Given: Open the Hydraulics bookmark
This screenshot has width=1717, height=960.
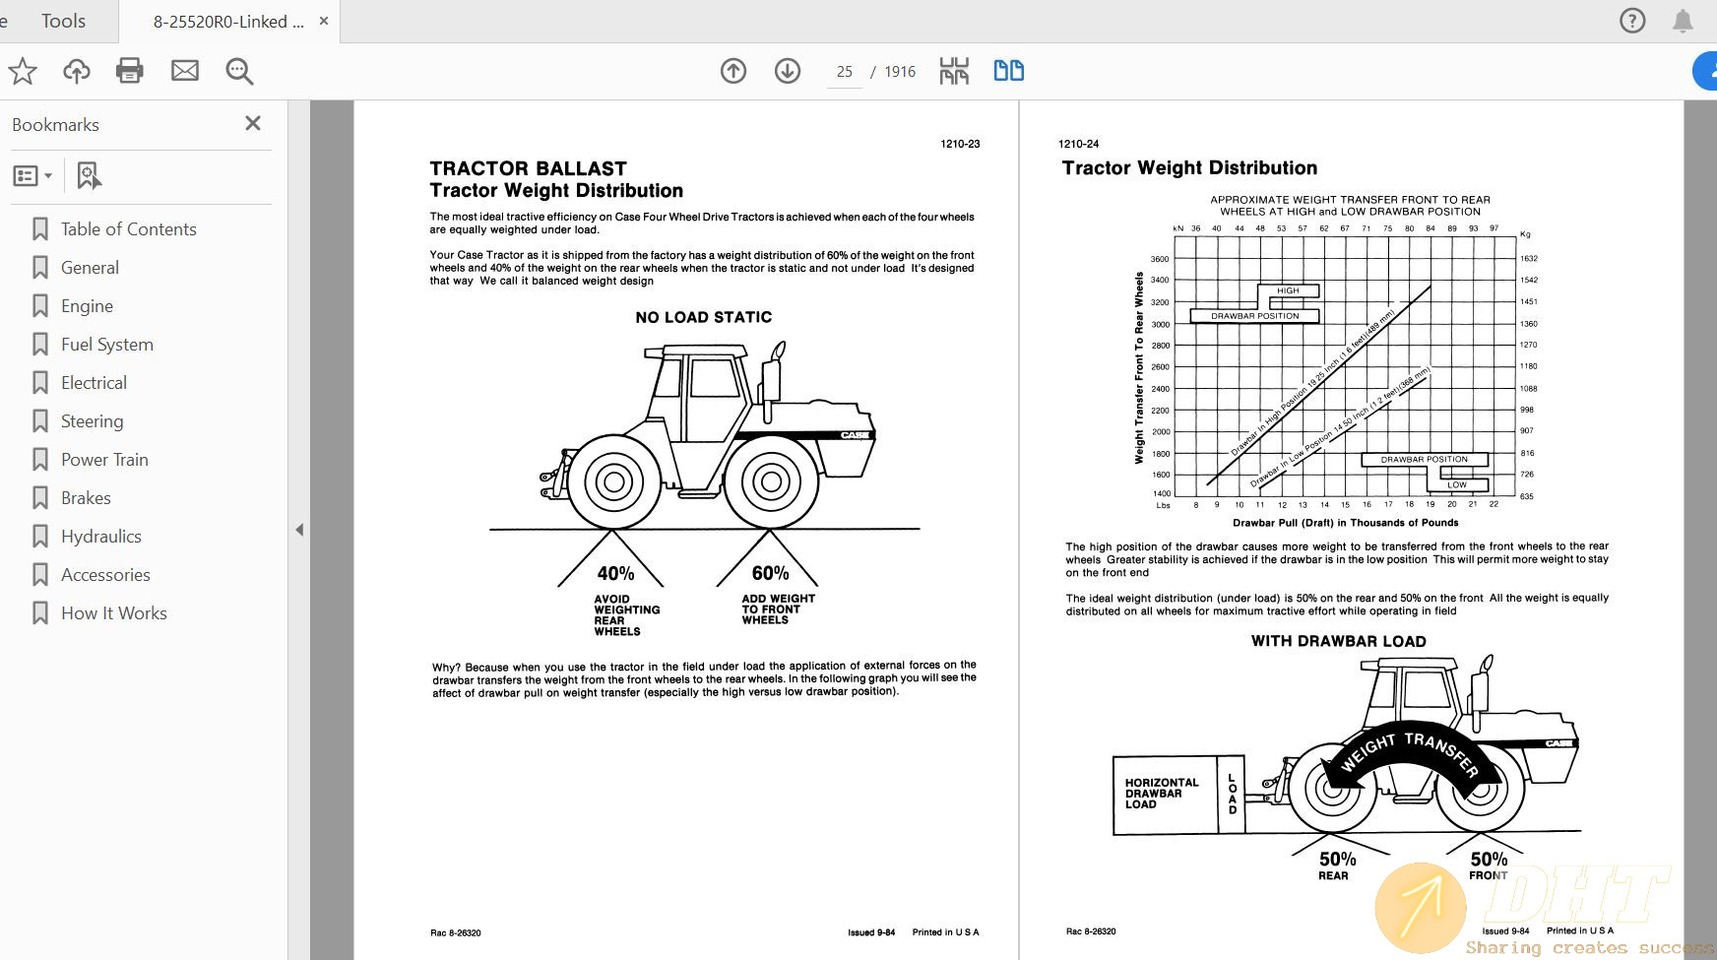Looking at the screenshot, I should (100, 537).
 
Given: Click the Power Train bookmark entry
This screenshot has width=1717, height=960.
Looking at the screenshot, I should (104, 460).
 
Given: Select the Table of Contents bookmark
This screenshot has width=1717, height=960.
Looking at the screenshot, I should (128, 229).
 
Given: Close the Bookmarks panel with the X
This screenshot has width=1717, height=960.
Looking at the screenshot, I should (253, 123).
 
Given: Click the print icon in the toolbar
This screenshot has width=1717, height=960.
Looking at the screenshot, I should (130, 71).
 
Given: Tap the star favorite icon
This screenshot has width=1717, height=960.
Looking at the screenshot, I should (23, 71).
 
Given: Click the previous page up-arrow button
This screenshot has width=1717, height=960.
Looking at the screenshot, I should (733, 71).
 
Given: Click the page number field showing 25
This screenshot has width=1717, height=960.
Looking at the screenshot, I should (844, 72).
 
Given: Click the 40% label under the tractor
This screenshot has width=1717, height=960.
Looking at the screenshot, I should (615, 573).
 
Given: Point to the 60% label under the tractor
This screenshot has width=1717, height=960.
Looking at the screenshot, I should (770, 573).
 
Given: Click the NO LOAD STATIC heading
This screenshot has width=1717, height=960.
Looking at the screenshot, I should (703, 317).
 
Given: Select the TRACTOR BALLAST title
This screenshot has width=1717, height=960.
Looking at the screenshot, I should (528, 168).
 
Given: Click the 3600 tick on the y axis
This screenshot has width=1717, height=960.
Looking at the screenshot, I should (1160, 259).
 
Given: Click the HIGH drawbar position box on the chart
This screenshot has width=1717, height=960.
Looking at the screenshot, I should (1288, 290).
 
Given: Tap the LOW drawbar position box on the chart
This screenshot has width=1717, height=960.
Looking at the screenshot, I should (1456, 484).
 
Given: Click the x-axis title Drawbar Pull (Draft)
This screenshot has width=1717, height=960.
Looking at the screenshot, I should (1345, 523).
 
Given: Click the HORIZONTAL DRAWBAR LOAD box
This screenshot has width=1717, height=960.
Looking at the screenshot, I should (1163, 794).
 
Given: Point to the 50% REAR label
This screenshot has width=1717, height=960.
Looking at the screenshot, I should (1337, 864).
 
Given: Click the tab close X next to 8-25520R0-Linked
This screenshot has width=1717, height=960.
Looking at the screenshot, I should (324, 21).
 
